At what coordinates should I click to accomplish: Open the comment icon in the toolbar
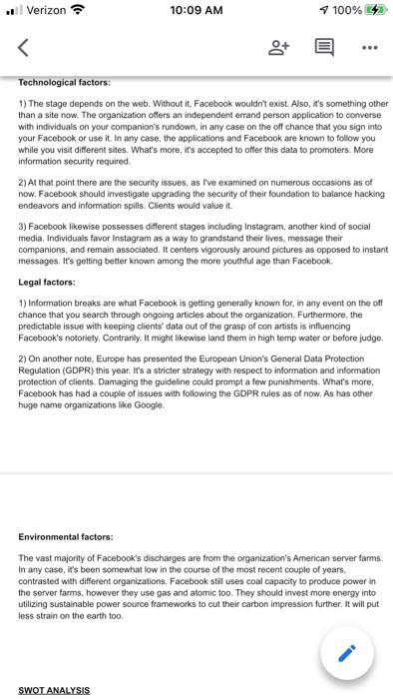(324, 46)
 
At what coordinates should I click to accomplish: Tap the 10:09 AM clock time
(196, 11)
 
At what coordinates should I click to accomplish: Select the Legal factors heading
(47, 282)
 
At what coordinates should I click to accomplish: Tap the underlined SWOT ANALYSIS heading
(54, 690)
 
